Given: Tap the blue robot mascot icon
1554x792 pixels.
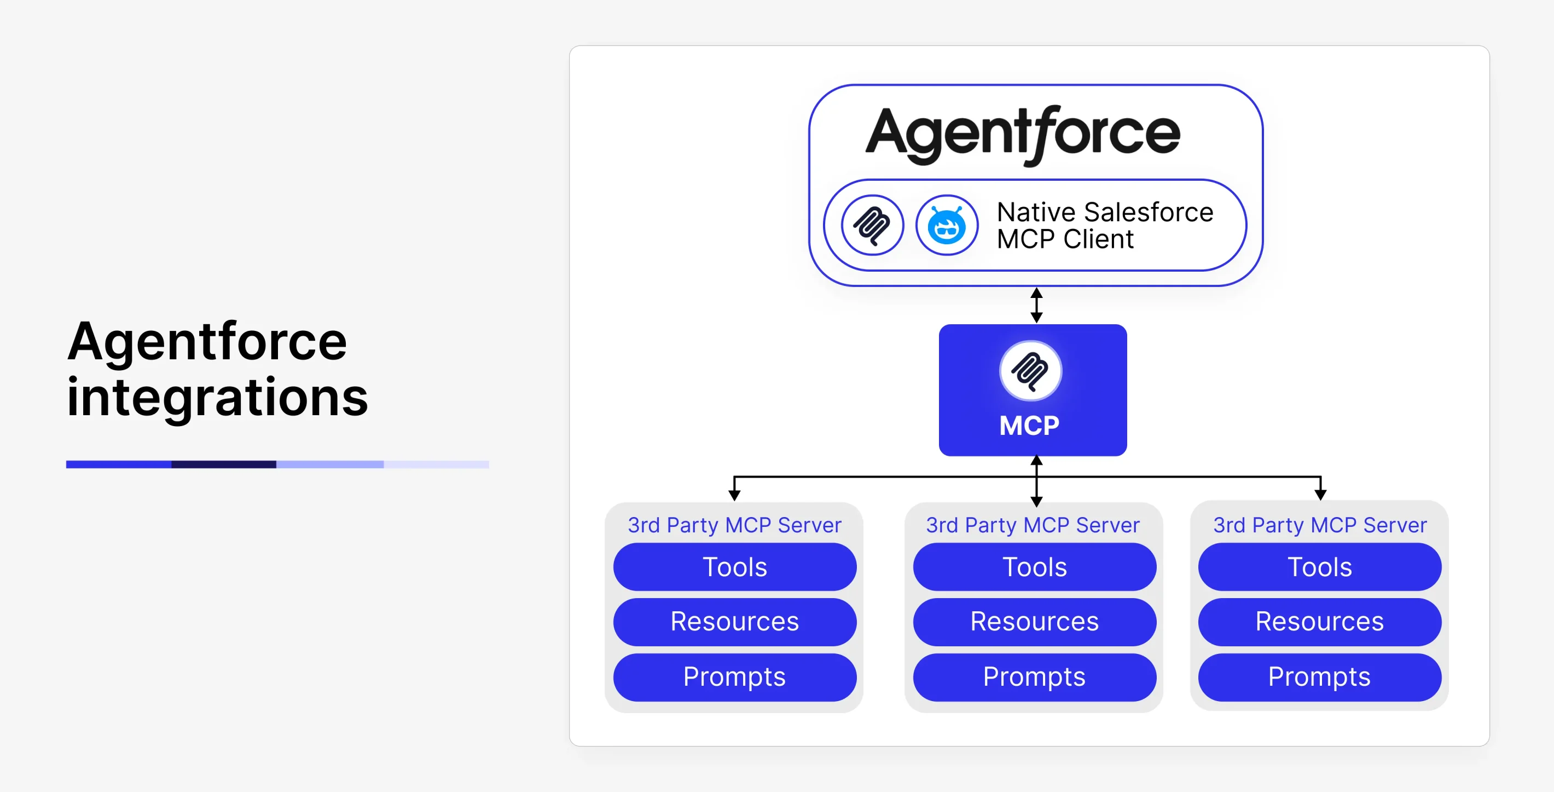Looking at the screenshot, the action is tap(947, 225).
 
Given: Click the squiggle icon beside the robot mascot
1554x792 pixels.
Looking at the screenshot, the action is tap(872, 225).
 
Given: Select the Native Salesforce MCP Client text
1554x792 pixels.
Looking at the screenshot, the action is tap(1105, 225).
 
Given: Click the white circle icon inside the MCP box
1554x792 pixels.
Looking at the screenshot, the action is tap(1030, 371).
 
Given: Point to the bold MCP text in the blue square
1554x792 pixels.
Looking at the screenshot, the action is tap(1029, 426).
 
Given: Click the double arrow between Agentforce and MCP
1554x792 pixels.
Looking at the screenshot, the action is tap(1036, 306).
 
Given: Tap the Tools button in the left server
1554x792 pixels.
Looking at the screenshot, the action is tap(735, 567).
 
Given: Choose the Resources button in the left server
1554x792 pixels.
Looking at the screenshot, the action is tap(735, 622).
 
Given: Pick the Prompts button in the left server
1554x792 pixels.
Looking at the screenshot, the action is tap(735, 676).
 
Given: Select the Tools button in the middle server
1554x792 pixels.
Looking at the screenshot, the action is tap(1035, 567).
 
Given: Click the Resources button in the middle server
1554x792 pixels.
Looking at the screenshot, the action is tap(1035, 622).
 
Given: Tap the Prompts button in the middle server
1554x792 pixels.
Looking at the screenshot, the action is tap(1035, 676).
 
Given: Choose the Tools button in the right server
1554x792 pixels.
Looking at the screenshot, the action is tap(1320, 567).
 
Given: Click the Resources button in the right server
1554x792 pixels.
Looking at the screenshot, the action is tap(1320, 622).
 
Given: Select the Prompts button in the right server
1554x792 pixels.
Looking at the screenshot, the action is tap(1320, 676).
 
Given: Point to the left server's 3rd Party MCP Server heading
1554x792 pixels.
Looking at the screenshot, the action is tap(735, 525).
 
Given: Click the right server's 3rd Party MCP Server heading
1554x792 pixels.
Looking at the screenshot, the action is tap(1320, 525).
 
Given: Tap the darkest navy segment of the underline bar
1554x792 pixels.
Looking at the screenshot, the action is tap(224, 464).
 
